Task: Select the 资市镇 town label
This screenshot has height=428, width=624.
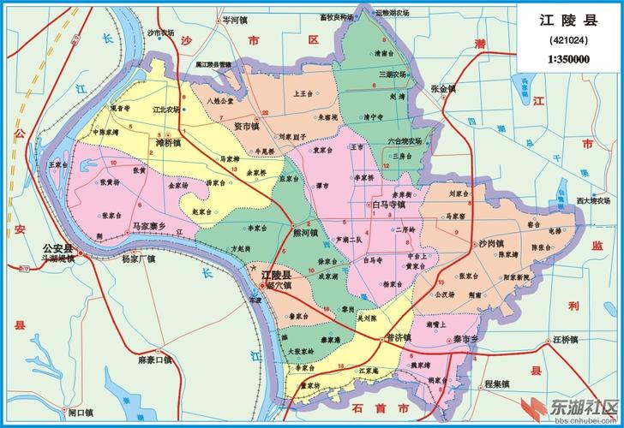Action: point(247,126)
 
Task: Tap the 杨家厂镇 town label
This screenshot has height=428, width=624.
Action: point(138,259)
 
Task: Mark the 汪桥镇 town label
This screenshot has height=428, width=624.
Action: point(568,340)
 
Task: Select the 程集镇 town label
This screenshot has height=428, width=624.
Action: point(498,382)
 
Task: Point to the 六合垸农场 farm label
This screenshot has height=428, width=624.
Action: point(405,140)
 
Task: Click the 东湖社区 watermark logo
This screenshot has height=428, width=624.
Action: point(570,407)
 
